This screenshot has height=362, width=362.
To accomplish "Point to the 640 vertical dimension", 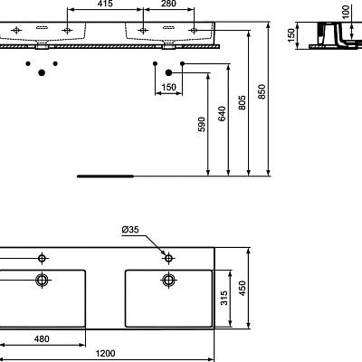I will click(223, 115).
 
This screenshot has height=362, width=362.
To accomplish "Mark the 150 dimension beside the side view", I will click(292, 34).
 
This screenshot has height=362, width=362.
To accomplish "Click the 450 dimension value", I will click(242, 287).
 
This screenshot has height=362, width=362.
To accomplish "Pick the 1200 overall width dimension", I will click(110, 354).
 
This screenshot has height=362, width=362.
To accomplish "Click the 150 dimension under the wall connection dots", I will click(168, 88).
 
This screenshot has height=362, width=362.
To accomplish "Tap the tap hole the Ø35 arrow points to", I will click(167, 256).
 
